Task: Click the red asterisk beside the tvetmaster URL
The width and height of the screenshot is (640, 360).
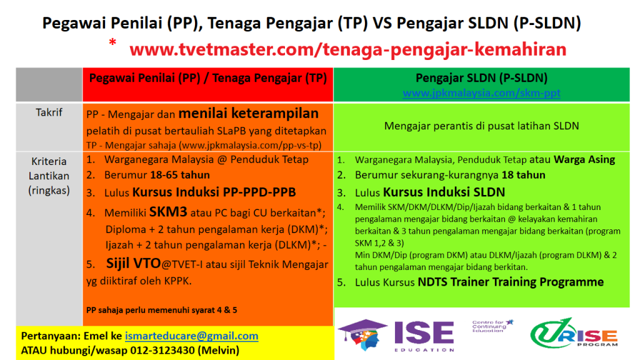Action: pos(112,42)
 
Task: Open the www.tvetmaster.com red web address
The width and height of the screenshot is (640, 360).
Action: pos(347,49)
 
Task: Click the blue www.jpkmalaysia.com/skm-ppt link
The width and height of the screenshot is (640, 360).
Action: pos(481,93)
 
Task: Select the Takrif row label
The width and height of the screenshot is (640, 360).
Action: pos(49,112)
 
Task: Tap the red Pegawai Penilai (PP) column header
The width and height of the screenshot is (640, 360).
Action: pos(207,78)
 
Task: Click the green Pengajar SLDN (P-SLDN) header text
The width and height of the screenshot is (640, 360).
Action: pos(482,77)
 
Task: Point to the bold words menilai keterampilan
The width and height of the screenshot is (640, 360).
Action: pos(249,113)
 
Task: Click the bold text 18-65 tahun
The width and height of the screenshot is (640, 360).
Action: pos(180,175)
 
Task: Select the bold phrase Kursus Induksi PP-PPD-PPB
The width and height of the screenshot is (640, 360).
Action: pos(214,192)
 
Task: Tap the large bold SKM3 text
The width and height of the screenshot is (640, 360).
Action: pos(168,211)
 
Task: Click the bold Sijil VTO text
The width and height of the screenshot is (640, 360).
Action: pos(134,263)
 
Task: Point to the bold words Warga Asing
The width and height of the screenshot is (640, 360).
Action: pos(584,159)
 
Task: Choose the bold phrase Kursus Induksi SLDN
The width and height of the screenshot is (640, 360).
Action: pos(444,192)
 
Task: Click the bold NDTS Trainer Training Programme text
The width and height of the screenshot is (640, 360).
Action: pos(511,282)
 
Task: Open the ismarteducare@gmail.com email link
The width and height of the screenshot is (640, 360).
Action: pos(191,336)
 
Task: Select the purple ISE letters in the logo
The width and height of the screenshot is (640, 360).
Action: pos(424,332)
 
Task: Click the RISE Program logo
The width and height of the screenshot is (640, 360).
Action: pos(574,333)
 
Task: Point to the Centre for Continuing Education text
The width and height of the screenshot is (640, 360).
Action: pos(492,326)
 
